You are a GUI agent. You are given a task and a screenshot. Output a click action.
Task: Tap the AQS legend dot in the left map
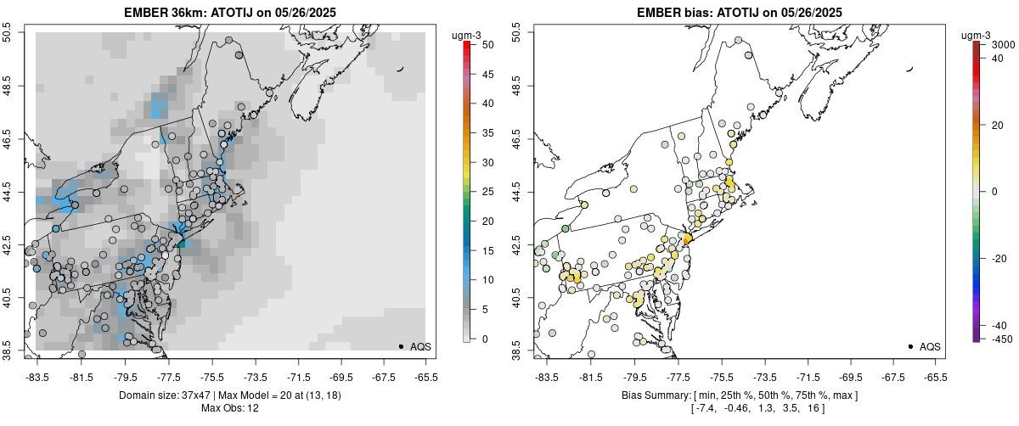pyautogui.click(x=401, y=346)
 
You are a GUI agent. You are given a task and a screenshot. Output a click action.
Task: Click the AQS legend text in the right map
pyautogui.click(x=931, y=346)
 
